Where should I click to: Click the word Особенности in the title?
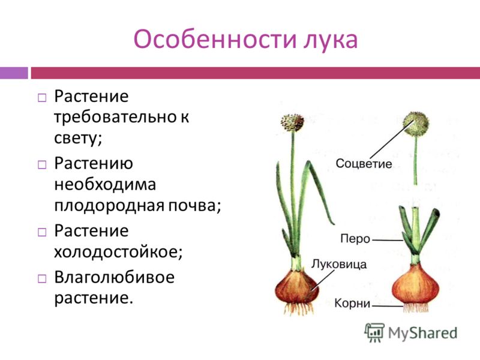(x=215, y=39)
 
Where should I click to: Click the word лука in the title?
(x=331, y=40)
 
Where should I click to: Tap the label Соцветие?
(x=364, y=163)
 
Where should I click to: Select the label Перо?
(x=355, y=238)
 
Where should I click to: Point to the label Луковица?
(x=339, y=264)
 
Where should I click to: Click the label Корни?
(x=352, y=303)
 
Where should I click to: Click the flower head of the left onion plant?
(x=292, y=122)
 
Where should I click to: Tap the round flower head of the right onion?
(x=416, y=124)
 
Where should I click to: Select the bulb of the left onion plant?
(x=296, y=287)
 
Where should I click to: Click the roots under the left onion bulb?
(x=298, y=308)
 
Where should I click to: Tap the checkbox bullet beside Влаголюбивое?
(x=42, y=278)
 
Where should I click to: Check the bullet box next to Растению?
(x=42, y=164)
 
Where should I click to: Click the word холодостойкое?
(x=118, y=252)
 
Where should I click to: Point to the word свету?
(x=78, y=139)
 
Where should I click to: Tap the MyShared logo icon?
(x=374, y=332)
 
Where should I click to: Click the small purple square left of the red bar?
(x=14, y=73)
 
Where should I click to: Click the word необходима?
(x=105, y=185)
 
